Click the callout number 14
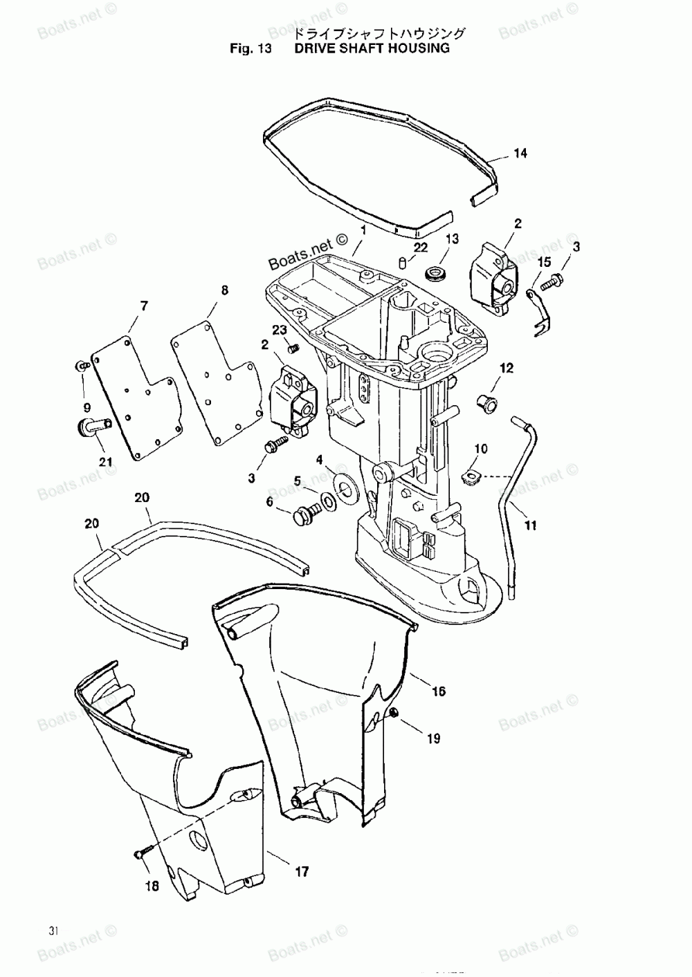click(x=520, y=153)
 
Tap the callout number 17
click(x=302, y=872)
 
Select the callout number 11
click(x=530, y=525)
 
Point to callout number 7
click(x=144, y=305)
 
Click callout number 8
click(x=224, y=290)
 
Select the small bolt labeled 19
click(x=394, y=713)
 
